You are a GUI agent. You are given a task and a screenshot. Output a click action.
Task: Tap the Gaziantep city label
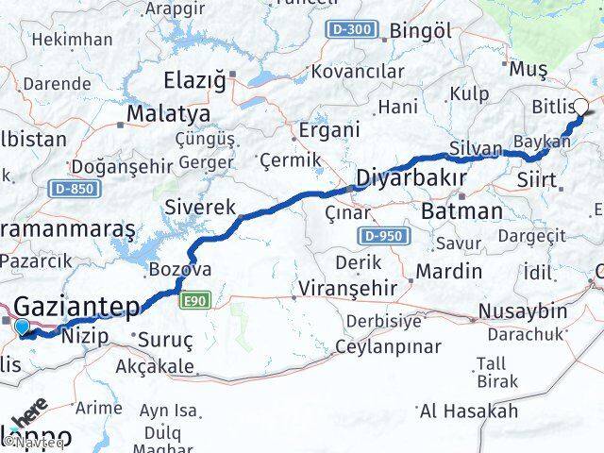[x=77, y=306]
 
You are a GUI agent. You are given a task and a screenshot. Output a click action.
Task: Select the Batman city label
[x=461, y=210]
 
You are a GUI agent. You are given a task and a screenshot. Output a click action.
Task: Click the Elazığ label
[x=194, y=80]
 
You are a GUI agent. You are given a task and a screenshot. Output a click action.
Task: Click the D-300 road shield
[x=352, y=30]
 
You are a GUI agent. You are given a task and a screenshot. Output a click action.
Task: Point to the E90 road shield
[x=195, y=300]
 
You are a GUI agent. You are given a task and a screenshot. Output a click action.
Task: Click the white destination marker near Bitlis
[x=580, y=108]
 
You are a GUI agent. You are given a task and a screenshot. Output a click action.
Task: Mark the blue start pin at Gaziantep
[x=23, y=327]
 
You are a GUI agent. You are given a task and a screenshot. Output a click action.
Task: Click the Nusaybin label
[x=523, y=310]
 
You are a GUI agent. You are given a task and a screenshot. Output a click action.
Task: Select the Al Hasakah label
[x=468, y=411]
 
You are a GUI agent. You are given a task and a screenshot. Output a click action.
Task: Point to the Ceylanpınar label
[x=388, y=346]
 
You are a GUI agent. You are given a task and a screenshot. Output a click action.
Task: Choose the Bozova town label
[x=180, y=270]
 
